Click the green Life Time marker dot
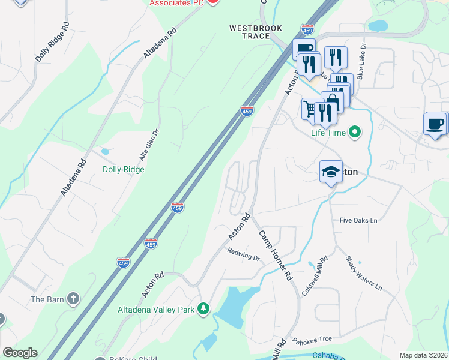coord(355,132)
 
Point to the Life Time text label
coord(328,133)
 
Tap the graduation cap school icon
coord(331,172)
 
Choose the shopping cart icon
coord(310,109)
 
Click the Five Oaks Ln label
coord(358,220)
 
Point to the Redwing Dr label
coord(243,255)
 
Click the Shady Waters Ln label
coord(364,274)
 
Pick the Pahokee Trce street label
coord(312,340)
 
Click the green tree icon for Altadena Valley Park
coord(204,308)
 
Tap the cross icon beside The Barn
coord(73,298)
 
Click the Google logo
coord(19,353)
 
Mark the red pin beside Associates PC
coord(213,2)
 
